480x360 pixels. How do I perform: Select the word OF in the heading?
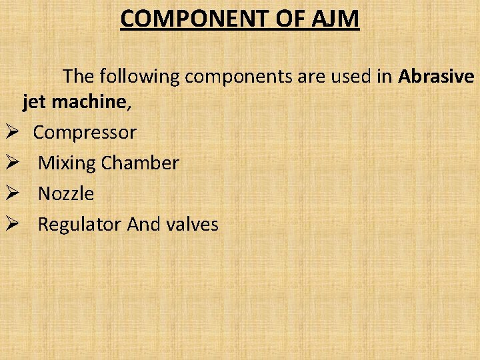(x=291, y=19)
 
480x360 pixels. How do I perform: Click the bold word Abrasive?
(x=436, y=77)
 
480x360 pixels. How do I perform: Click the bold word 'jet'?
(x=35, y=103)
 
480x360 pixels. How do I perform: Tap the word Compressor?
(x=85, y=133)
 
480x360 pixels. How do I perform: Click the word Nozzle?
(x=66, y=193)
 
